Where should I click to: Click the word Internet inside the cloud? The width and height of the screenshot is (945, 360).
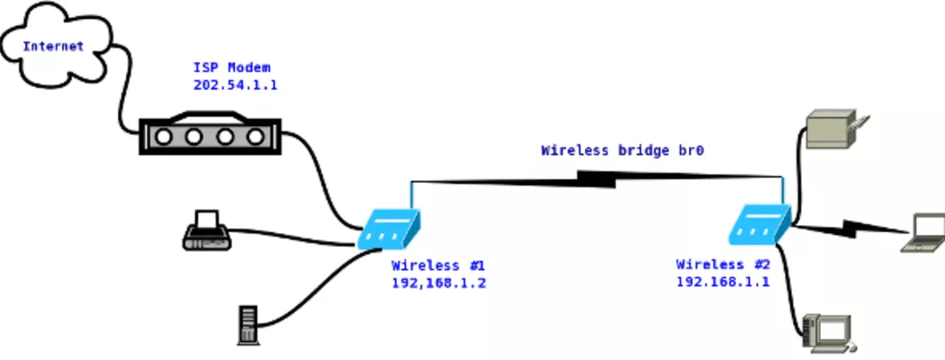click(53, 46)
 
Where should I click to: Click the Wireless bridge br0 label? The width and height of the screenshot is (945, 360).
click(621, 151)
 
